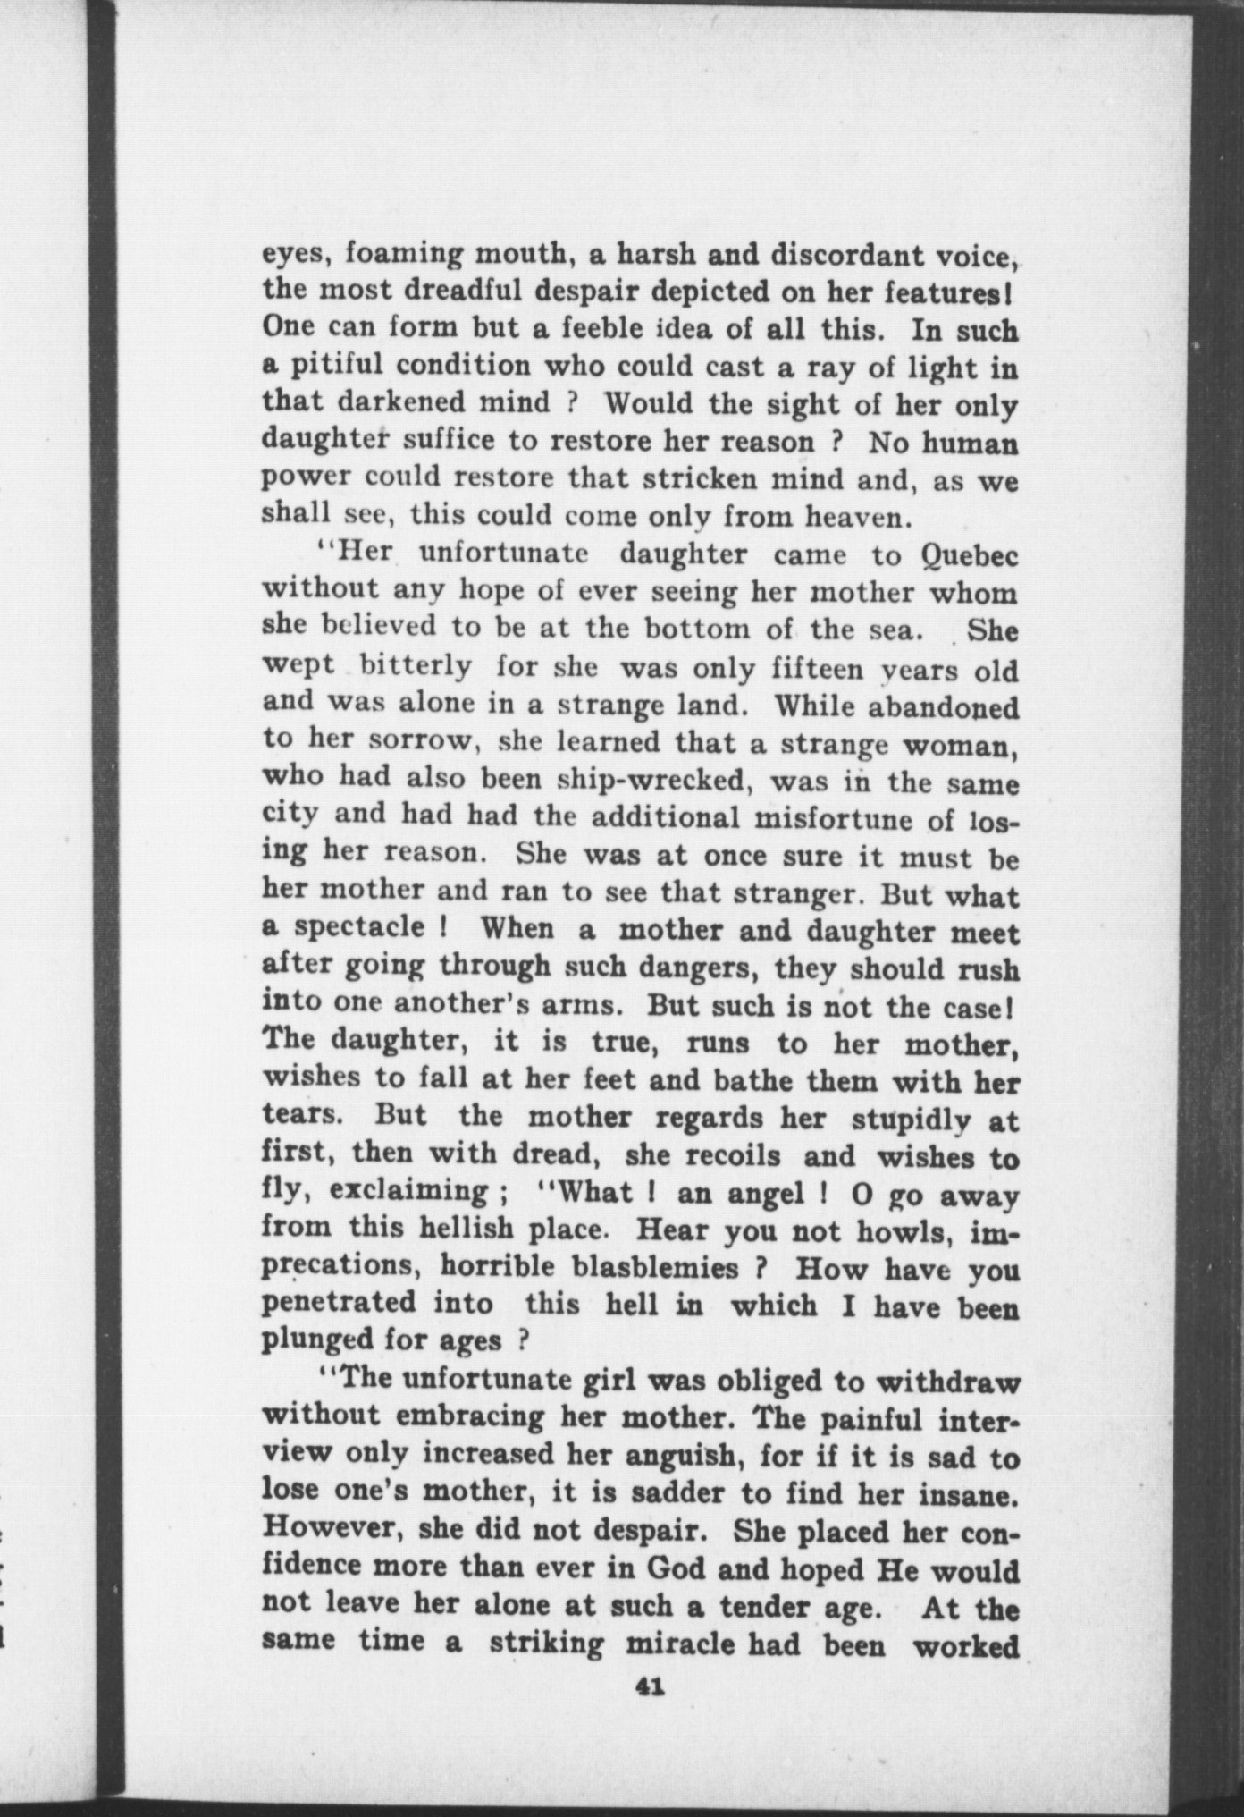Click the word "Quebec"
click(x=969, y=556)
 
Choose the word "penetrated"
click(x=339, y=1304)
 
